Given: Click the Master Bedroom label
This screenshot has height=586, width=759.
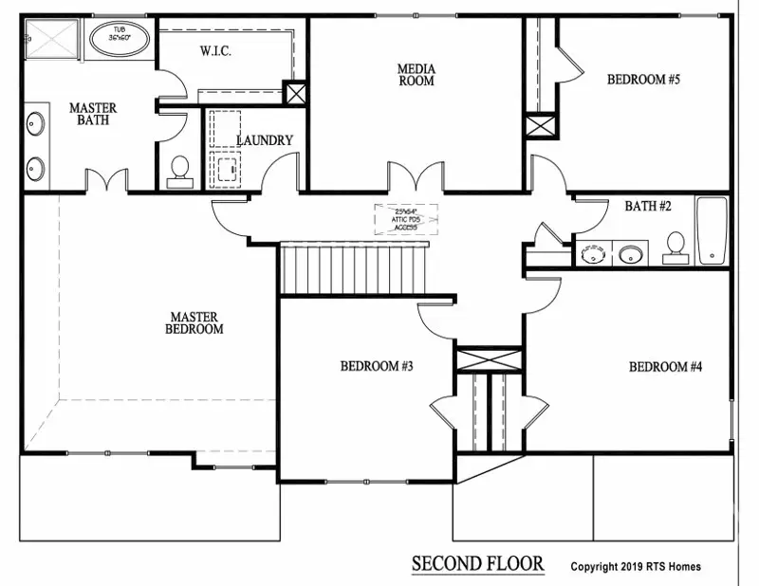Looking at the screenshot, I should [x=194, y=323].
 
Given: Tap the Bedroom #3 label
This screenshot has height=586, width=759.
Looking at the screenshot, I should [x=377, y=366].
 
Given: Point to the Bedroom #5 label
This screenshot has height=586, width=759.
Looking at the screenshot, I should [x=643, y=80].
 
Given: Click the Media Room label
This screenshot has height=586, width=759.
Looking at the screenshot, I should [x=416, y=74].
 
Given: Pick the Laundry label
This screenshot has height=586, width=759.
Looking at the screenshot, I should [x=265, y=140].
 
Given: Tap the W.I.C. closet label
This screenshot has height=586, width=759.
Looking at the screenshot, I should [x=216, y=51].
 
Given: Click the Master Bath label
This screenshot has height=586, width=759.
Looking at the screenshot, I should [x=93, y=114].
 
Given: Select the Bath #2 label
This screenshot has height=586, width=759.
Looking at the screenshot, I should [x=648, y=206].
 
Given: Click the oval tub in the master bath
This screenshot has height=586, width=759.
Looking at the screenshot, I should [x=120, y=41].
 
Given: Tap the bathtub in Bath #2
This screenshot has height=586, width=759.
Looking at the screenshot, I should [x=712, y=230].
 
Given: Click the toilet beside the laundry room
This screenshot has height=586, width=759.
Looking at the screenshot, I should [x=178, y=170].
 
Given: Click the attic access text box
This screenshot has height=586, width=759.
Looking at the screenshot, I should [x=406, y=217].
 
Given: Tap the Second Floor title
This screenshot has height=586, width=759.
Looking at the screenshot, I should [x=477, y=564].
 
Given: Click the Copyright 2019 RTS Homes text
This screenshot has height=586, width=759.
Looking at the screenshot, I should [x=636, y=567].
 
